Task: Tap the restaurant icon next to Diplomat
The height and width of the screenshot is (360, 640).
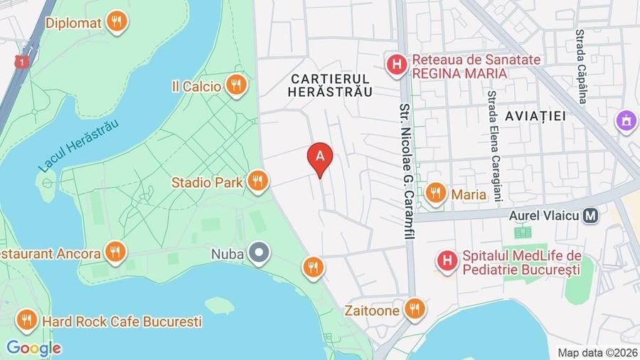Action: [x=117, y=23]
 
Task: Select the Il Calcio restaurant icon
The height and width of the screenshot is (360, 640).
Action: [x=236, y=86]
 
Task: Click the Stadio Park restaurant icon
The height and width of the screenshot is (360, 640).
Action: [x=258, y=182]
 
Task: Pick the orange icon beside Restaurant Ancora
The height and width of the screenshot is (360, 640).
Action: [x=114, y=252]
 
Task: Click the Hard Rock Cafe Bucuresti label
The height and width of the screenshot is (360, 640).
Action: [x=122, y=322]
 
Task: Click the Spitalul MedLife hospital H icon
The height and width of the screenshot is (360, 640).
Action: [x=447, y=262]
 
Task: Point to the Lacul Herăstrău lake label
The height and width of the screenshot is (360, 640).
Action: [x=78, y=145]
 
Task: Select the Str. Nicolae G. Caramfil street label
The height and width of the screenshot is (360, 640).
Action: [x=406, y=171]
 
